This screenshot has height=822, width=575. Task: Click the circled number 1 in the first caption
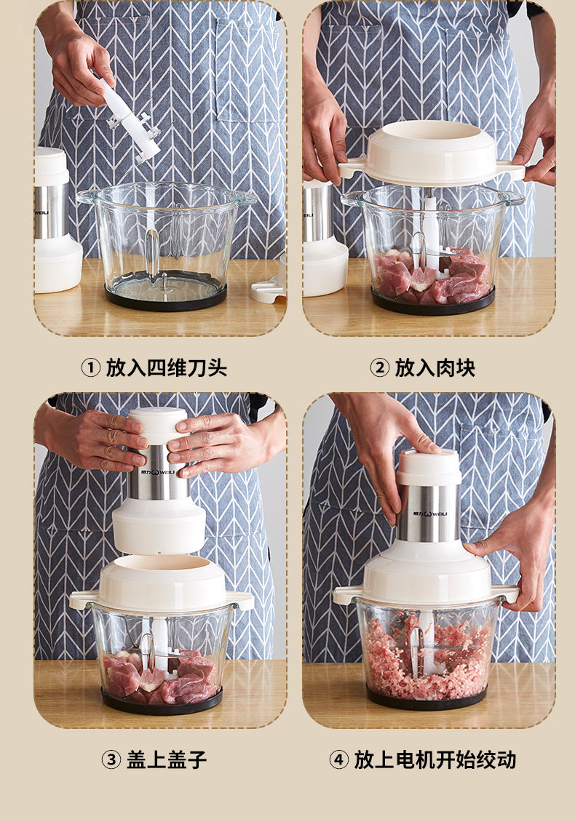[91, 367]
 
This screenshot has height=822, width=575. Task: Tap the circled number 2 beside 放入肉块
[379, 367]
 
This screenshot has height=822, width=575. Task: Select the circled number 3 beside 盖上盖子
[111, 759]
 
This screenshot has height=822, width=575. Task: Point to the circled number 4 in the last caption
[339, 759]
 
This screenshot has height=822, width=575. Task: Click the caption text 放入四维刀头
[166, 367]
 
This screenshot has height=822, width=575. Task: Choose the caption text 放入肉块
[435, 367]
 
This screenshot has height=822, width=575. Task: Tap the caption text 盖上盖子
[166, 759]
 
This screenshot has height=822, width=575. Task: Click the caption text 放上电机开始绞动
[435, 759]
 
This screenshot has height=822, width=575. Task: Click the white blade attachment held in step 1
[130, 123]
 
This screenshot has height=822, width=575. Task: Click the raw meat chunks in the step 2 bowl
[431, 277]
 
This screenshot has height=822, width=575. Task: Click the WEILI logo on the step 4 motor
[429, 514]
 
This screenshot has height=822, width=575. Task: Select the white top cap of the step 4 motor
[429, 466]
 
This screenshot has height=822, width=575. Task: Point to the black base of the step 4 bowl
[427, 698]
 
